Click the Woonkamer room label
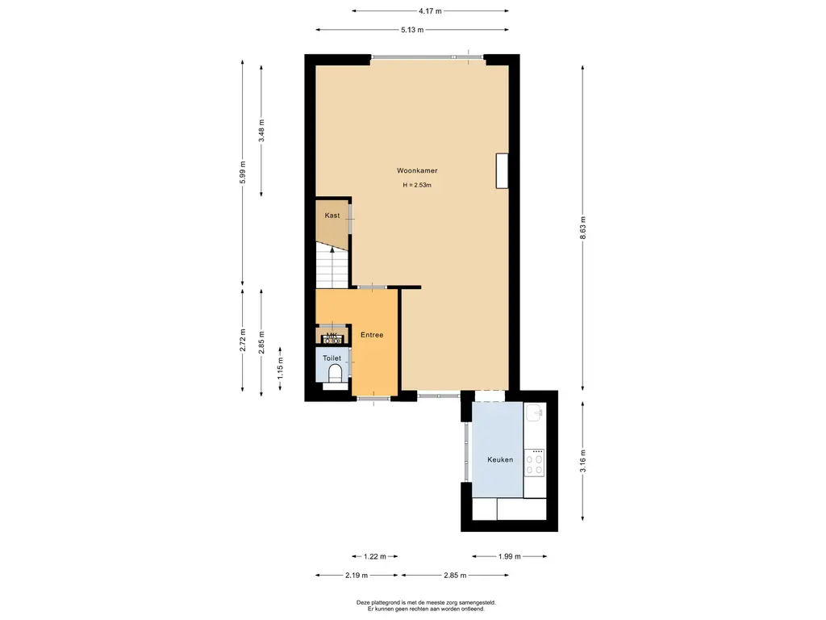[417, 170]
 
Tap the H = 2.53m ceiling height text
[417, 185]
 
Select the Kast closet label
[332, 215]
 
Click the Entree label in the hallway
[372, 335]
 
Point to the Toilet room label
[332, 358]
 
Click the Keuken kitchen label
[500, 459]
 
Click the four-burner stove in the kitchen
[535, 463]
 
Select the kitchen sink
[535, 413]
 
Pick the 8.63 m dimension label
[582, 228]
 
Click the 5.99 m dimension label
[242, 172]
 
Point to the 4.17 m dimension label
[430, 10]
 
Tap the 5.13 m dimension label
[412, 30]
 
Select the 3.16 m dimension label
[582, 461]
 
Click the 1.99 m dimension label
[510, 556]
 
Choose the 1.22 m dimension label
[375, 556]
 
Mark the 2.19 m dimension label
[357, 575]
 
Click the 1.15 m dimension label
[280, 368]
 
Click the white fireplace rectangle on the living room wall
[502, 171]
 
